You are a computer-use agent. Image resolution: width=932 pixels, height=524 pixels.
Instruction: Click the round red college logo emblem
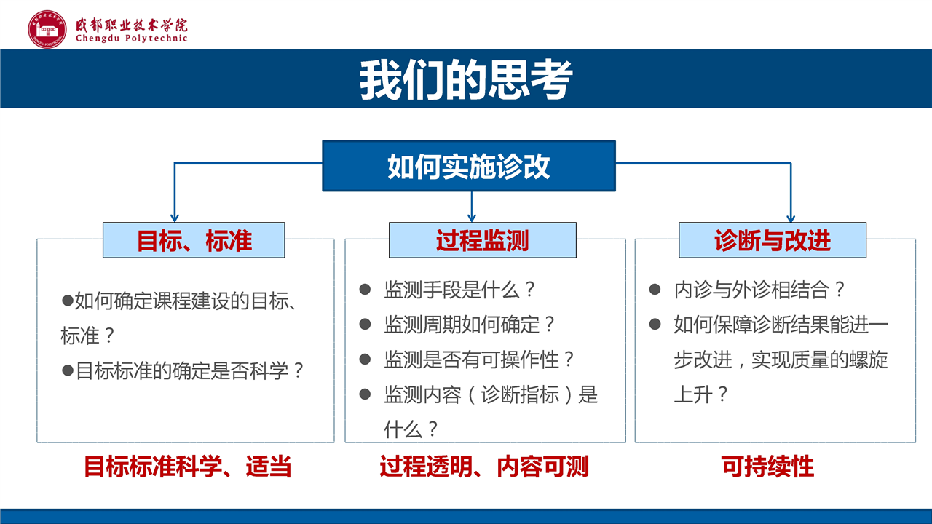point(47,29)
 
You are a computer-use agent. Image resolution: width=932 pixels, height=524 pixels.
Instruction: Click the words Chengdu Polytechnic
point(132,39)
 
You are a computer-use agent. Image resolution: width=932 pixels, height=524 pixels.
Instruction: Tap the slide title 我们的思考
point(466,79)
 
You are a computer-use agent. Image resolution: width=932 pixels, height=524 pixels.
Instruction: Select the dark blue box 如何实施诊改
point(469,166)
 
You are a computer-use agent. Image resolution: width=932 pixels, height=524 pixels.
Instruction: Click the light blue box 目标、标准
point(194,240)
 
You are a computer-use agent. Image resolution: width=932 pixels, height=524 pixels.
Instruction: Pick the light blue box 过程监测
point(483,240)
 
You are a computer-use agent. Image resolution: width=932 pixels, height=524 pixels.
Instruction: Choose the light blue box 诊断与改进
point(773,240)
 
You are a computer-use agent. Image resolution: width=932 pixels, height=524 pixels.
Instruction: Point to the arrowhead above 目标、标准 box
point(175,218)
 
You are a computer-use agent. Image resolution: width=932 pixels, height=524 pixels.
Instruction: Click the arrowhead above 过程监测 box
point(471,218)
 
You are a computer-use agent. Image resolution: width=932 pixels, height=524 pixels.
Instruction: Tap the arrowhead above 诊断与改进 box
point(791,218)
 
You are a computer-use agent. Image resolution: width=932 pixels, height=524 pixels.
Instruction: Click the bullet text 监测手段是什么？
point(459,290)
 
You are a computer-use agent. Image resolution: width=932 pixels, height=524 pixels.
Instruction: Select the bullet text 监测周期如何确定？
point(470,325)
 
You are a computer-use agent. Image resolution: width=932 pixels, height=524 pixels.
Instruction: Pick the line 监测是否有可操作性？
point(479,360)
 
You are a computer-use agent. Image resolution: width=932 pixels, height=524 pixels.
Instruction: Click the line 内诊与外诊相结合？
point(759,290)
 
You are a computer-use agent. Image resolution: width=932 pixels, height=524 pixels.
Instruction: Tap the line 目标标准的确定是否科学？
point(189,370)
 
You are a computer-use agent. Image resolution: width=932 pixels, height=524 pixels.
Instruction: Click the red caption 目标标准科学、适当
point(188,467)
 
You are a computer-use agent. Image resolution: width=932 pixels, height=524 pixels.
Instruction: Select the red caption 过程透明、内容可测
point(484,467)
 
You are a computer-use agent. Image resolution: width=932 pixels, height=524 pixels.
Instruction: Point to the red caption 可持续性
point(767,467)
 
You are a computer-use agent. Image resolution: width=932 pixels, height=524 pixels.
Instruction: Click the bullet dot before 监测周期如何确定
point(365,325)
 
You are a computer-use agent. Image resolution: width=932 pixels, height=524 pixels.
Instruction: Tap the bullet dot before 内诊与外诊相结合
point(655,290)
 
